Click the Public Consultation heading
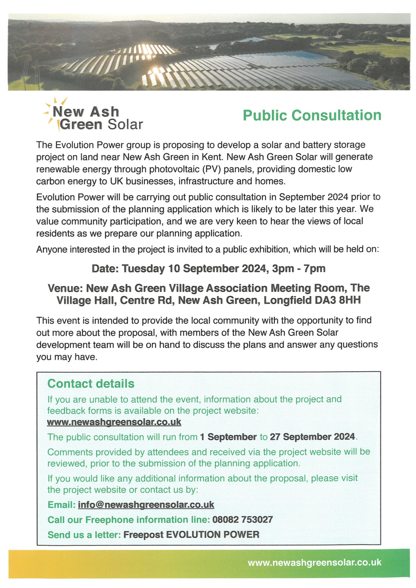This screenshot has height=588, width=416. tap(312, 115)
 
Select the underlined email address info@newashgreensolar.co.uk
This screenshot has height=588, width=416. tap(146, 505)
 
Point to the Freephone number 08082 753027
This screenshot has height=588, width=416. tap(242, 520)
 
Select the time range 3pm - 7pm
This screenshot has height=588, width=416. tap(299, 269)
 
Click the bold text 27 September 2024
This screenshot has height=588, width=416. tap(312, 437)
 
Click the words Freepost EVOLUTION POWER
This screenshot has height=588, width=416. tap(191, 535)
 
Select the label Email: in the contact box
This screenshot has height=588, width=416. tap(62, 505)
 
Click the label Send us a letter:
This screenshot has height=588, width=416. tap(84, 535)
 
